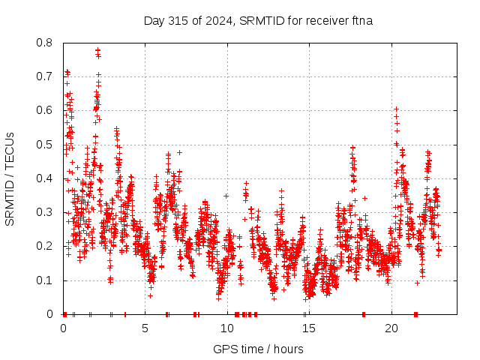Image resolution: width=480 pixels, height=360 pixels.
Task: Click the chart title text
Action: [258, 20]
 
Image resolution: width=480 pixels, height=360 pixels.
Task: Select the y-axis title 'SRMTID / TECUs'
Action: [10, 178]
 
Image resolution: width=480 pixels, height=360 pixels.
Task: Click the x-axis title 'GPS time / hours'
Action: [258, 349]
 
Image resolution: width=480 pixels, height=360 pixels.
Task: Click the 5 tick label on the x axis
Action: [145, 328]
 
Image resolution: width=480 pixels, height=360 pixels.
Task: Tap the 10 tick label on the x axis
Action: [227, 328]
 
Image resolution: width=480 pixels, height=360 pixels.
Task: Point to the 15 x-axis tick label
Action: [309, 328]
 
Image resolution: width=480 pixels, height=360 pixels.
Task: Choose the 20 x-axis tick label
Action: [391, 328]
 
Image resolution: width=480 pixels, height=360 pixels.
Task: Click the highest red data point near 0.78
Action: [98, 50]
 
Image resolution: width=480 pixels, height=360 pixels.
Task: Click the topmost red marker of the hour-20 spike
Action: [396, 109]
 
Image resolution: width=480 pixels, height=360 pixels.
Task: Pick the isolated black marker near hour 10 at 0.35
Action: [226, 196]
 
